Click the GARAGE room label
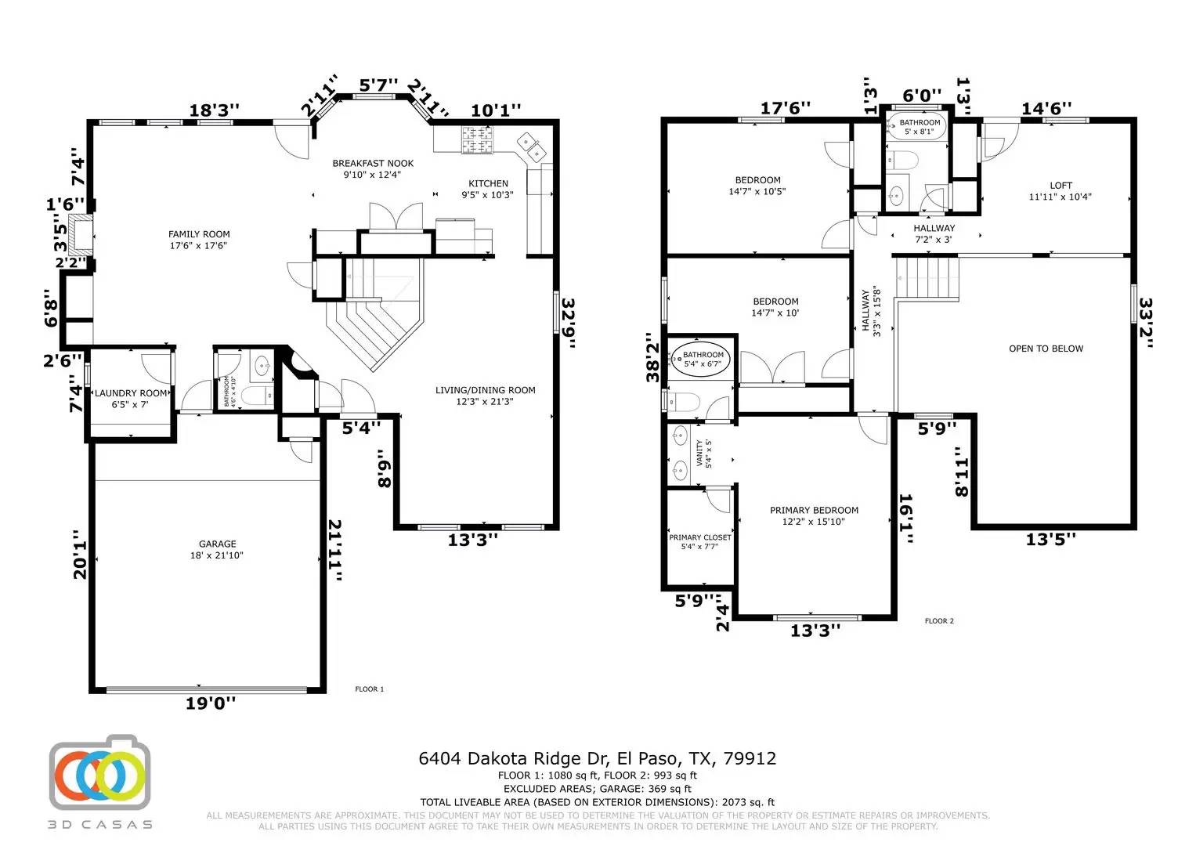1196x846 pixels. point(217,544)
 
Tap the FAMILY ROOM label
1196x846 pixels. point(199,234)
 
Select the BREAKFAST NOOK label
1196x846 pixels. point(373,164)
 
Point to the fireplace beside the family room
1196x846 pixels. point(78,234)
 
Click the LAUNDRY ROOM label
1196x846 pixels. point(131,393)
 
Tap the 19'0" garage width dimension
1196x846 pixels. point(210,703)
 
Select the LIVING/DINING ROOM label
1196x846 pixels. point(486,390)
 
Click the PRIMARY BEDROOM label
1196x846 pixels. point(814,511)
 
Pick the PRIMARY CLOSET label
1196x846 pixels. point(699,537)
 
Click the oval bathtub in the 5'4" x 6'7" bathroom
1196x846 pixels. point(703,360)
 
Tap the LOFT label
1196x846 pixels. point(1061,186)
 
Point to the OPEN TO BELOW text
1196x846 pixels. point(1046,349)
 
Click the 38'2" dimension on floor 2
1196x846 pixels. point(652,357)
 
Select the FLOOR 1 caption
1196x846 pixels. point(370,689)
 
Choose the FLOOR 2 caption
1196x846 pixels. point(939,621)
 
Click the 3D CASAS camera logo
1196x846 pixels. point(99,773)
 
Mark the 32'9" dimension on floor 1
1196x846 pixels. point(568,323)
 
